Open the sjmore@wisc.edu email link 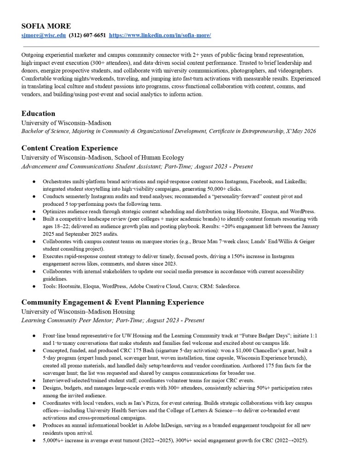[x=44, y=35]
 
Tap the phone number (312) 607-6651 [x=87, y=35]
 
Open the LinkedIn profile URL [x=160, y=35]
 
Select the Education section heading [x=38, y=113]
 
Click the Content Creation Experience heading [x=69, y=148]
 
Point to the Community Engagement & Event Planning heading [x=113, y=302]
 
